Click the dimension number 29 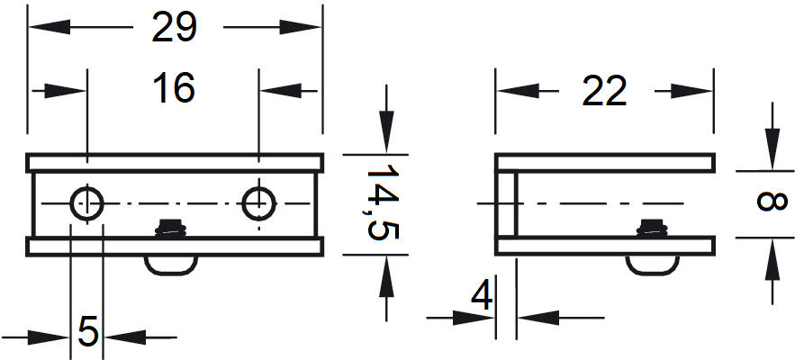(175, 28)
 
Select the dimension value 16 (174, 88)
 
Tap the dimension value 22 (604, 91)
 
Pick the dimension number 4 (483, 296)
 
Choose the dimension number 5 (87, 331)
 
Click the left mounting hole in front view (86, 203)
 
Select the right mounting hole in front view (258, 203)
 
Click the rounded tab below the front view (171, 263)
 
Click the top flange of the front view (175, 163)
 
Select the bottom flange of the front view (175, 246)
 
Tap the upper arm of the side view (612, 163)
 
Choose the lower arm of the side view (612, 246)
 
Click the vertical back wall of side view (507, 204)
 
